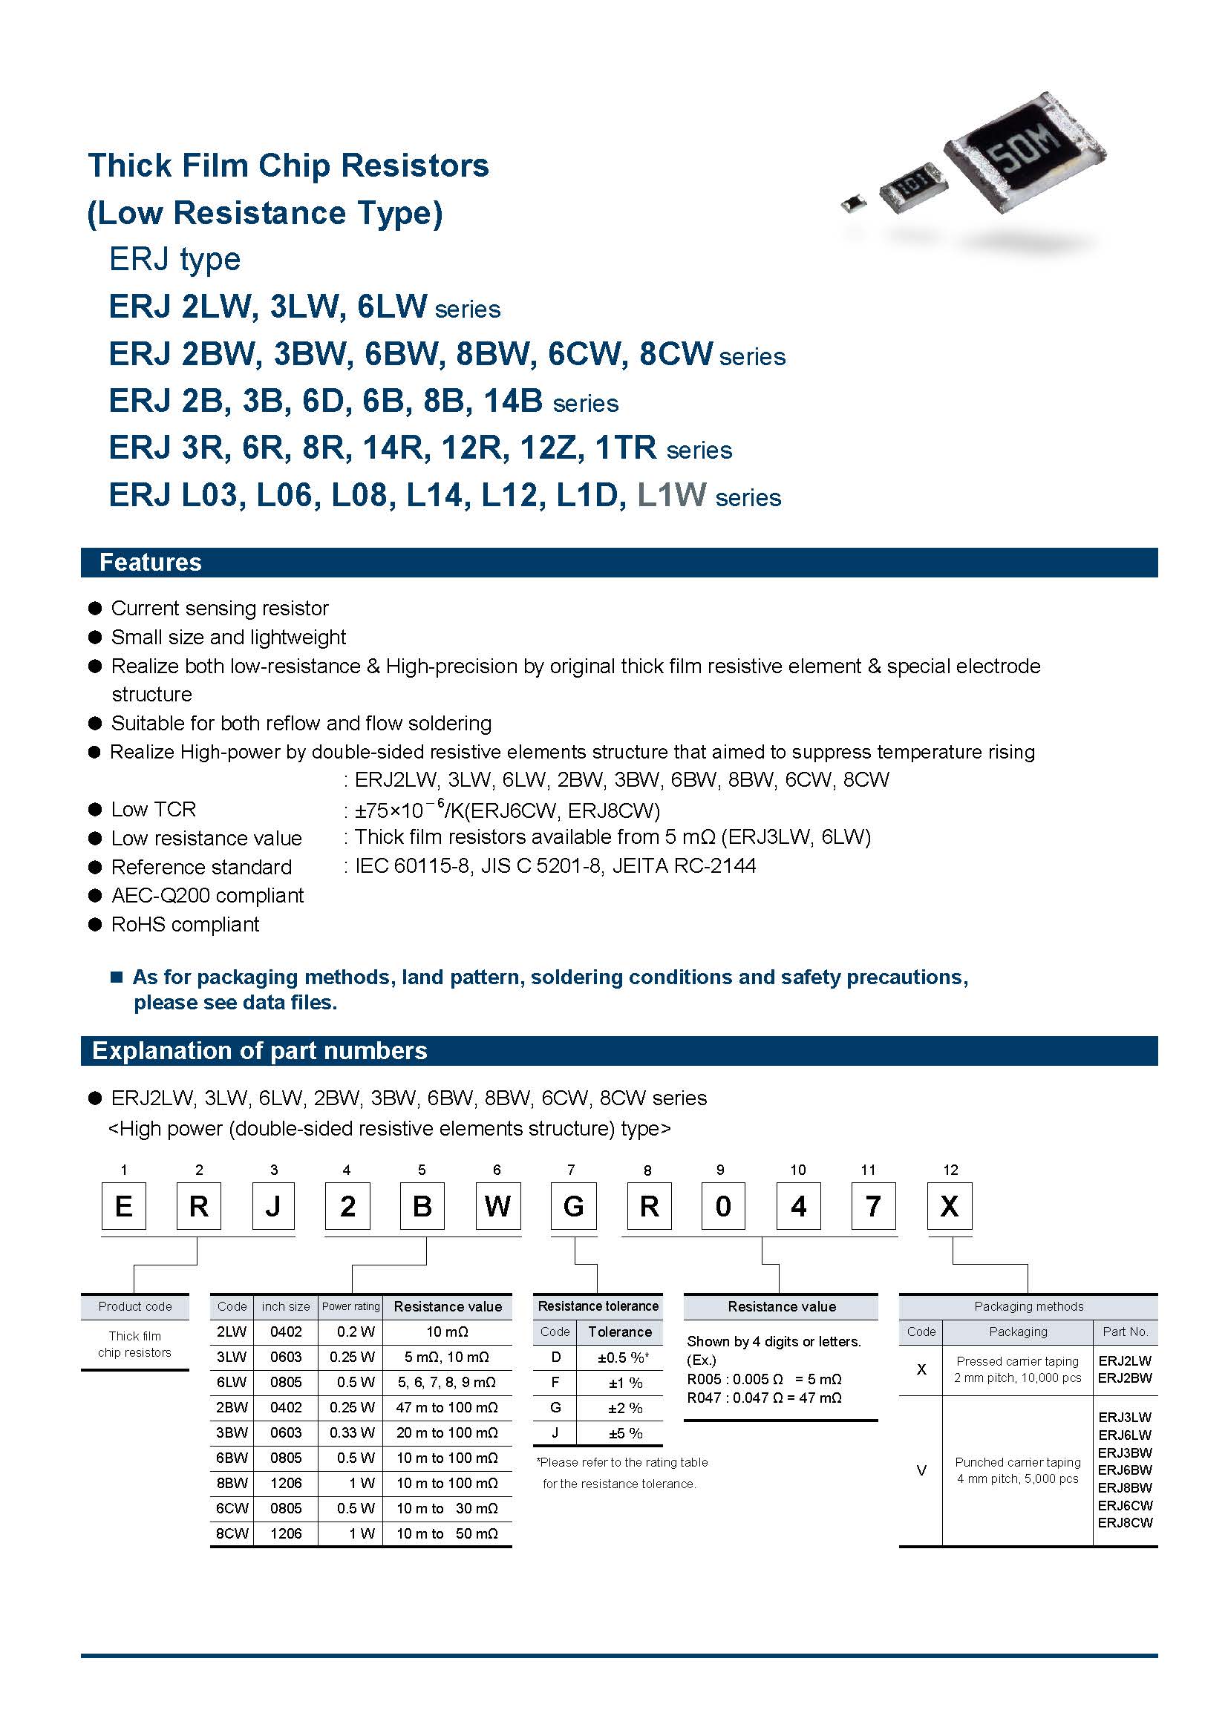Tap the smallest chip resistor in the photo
854,202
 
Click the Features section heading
151,563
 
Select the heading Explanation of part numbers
259,1051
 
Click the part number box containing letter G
573,1206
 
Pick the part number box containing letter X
949,1206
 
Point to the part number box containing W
497,1206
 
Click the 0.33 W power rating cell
352,1432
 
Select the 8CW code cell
232,1533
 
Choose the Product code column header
134,1306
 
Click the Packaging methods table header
1028,1306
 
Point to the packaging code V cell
920,1470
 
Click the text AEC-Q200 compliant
207,896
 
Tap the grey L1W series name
671,495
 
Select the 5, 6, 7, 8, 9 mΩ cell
446,1382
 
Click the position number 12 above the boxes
950,1170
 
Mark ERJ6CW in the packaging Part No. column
1124,1505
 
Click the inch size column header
285,1306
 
